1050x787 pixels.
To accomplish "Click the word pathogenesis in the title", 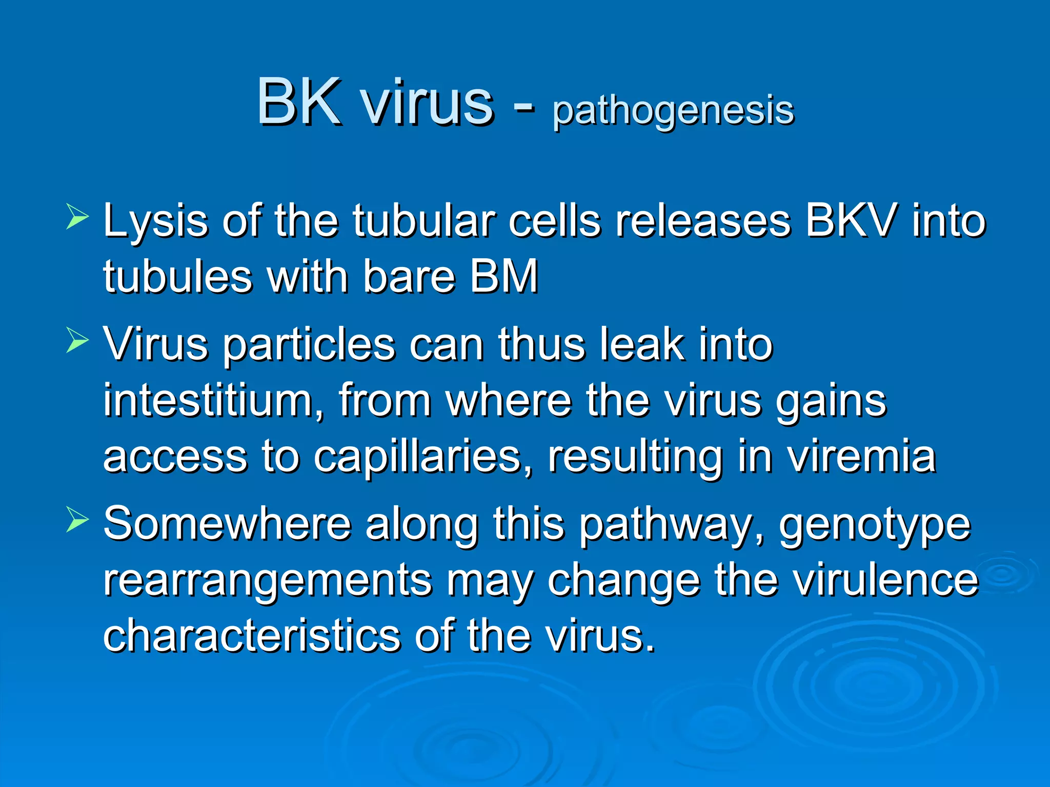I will tap(673, 110).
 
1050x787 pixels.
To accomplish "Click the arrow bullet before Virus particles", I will tap(77, 340).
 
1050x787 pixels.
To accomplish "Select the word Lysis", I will tap(155, 222).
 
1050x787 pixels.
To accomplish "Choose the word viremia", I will tap(861, 456).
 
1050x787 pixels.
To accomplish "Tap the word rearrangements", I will tap(267, 581).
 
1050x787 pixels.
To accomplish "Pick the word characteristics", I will tap(251, 635).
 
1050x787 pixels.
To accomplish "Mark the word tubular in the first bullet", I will tap(423, 221).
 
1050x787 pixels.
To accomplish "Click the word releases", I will tap(703, 221).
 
